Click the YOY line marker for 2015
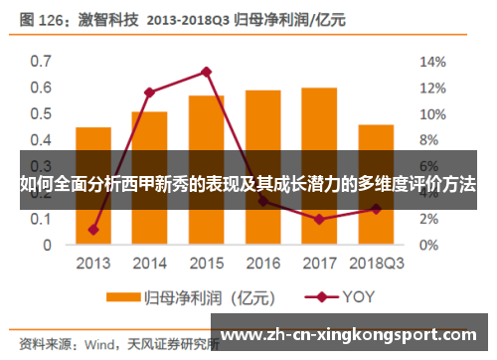206,72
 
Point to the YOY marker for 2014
149,92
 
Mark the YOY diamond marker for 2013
92,230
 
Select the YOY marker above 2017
319,219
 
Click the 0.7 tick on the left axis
39,61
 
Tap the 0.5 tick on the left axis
39,113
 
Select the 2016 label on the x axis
262,264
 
